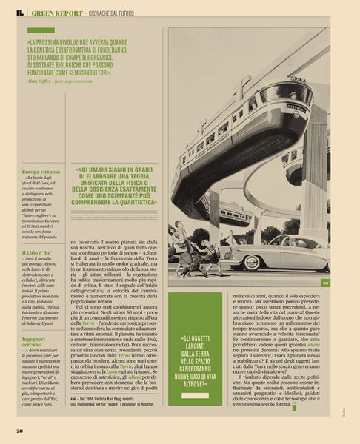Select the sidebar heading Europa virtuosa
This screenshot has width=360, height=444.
pos(41,172)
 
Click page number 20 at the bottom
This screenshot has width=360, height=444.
pos(19,431)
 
